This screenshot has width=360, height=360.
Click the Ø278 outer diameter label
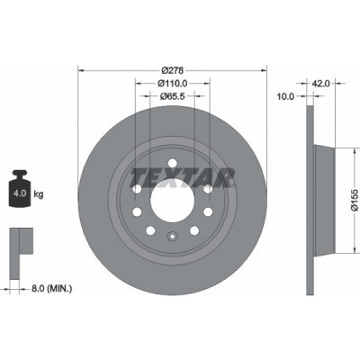[x=174, y=68]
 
